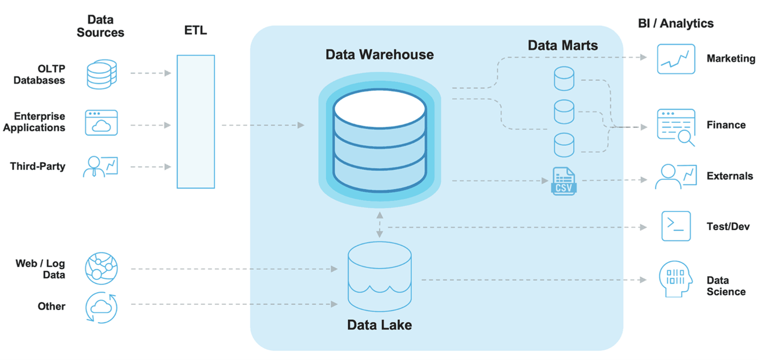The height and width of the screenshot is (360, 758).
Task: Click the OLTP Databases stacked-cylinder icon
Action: (101, 74)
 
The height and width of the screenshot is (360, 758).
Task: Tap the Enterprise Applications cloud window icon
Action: (101, 123)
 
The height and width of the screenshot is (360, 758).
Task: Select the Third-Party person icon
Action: (100, 167)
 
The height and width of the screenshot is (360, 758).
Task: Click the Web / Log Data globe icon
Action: (101, 268)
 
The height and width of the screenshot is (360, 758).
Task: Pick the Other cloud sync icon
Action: (101, 308)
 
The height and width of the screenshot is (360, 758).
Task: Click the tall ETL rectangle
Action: (195, 122)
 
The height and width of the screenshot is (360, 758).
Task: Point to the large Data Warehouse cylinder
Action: (380, 140)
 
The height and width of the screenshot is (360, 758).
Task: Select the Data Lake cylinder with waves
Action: (380, 276)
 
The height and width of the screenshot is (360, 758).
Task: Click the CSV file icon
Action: (563, 181)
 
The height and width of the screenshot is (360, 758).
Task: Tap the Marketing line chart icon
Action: (676, 59)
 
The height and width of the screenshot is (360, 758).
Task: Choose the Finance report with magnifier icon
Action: (676, 127)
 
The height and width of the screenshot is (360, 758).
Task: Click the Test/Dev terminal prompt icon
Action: (676, 226)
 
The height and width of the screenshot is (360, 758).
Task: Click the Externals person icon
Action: (675, 176)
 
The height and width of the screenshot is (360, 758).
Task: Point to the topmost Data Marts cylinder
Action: (564, 79)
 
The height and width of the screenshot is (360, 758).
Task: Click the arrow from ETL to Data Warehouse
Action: (263, 126)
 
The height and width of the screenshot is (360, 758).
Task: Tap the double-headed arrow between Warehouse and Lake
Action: (380, 224)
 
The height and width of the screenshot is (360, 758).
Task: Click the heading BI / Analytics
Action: (676, 24)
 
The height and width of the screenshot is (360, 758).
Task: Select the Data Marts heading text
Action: (563, 45)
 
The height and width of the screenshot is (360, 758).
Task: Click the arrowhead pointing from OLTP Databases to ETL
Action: (168, 73)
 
